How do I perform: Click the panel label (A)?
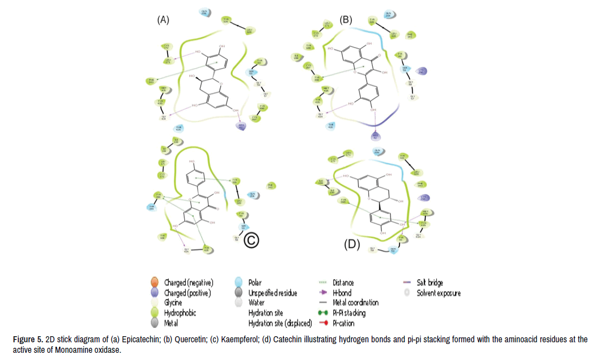[x=163, y=20]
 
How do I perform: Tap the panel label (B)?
[x=346, y=20]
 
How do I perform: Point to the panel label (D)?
[x=352, y=244]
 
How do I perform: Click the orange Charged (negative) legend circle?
[x=155, y=283]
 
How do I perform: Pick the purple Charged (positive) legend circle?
[x=155, y=293]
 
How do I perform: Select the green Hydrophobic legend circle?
[x=155, y=313]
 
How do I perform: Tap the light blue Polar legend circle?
[x=239, y=283]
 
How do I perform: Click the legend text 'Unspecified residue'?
[x=272, y=293]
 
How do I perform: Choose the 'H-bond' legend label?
[x=342, y=293]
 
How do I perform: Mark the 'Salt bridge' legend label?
[x=430, y=283]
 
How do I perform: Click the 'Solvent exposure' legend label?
[x=439, y=293]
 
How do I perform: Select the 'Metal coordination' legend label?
[x=356, y=303]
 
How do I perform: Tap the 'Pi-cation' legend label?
[x=343, y=323]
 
